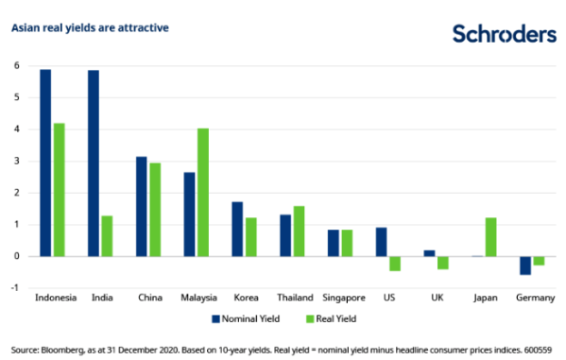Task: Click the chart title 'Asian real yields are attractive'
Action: point(90,27)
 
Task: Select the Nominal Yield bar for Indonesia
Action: point(45,163)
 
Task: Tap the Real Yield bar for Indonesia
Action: point(59,189)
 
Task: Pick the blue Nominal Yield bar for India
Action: point(94,163)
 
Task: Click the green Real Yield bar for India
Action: point(107,235)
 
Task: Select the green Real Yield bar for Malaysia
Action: point(202,192)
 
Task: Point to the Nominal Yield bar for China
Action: point(142,206)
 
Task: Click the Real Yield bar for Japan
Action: point(490,236)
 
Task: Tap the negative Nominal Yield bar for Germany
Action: point(525,265)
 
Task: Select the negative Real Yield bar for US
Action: point(394,263)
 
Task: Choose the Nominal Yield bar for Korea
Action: point(237,229)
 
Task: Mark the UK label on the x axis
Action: point(436,298)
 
